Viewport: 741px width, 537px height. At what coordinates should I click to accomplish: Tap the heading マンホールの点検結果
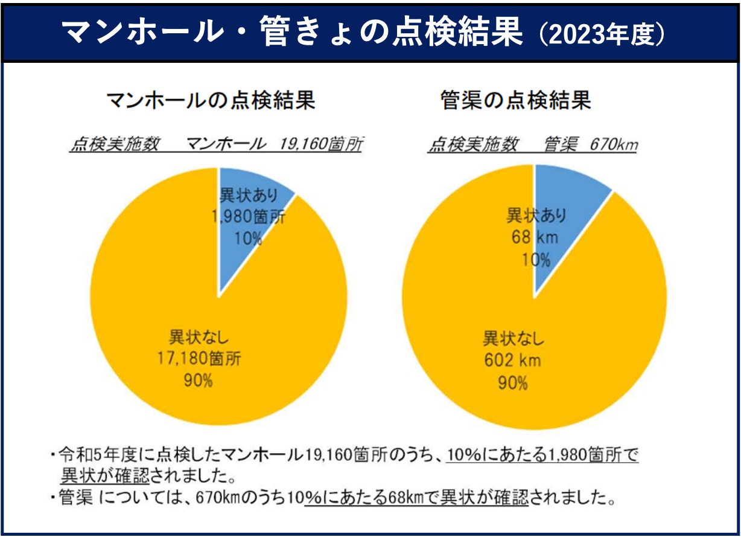(x=211, y=101)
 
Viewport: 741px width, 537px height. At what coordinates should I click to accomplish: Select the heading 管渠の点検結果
(x=515, y=101)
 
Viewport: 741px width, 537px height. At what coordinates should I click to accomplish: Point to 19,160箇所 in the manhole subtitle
(x=320, y=145)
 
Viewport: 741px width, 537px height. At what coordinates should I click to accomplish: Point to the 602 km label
(x=513, y=361)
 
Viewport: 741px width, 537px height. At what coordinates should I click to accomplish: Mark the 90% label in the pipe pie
(x=514, y=383)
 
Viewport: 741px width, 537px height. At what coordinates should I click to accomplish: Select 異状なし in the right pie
(x=514, y=339)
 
